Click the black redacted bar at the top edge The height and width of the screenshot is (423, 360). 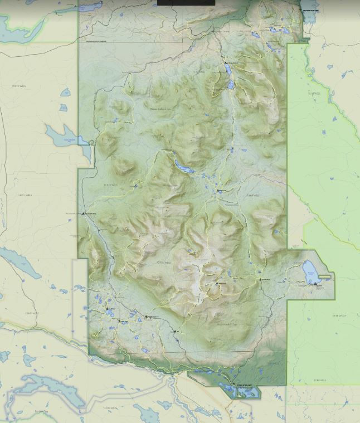pos(186,3)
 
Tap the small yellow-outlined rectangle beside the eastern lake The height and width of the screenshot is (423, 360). pos(325,276)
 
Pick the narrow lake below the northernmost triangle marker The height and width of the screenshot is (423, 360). pos(231,84)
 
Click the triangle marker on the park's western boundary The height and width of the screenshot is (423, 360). pos(84,213)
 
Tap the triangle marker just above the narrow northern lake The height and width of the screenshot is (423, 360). pos(226,63)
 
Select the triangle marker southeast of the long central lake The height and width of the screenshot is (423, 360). pos(218,191)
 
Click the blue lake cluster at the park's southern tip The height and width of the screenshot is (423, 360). pos(240,390)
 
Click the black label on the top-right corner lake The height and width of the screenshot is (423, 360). pos(310,10)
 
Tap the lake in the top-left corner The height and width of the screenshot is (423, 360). pos(11,25)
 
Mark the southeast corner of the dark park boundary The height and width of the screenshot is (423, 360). pos(286,385)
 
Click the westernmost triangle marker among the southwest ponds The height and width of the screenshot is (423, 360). pos(107,309)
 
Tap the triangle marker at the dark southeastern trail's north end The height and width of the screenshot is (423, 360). pos(260,279)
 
